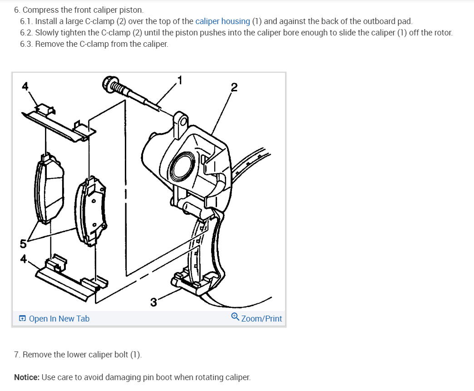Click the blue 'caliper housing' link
coord(222,21)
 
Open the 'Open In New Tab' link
coord(59,319)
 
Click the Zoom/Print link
coord(262,319)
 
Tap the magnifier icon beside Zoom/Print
coord(235,317)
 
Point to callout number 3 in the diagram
coord(153,302)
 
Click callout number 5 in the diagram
coord(23,244)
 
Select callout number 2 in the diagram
coord(234,87)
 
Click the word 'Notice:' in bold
coord(26,377)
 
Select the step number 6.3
coord(26,44)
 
